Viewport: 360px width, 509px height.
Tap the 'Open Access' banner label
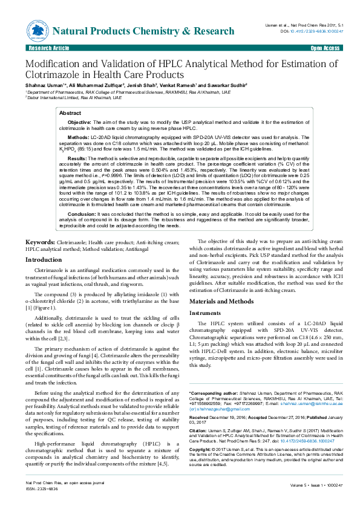(324, 47)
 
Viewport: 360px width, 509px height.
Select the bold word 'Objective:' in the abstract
(80, 122)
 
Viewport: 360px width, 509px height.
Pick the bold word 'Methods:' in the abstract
(78, 137)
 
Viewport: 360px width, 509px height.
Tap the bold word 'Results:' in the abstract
(77, 158)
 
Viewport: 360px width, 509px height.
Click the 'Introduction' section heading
(43, 259)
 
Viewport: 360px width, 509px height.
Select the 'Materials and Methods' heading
(221, 301)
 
